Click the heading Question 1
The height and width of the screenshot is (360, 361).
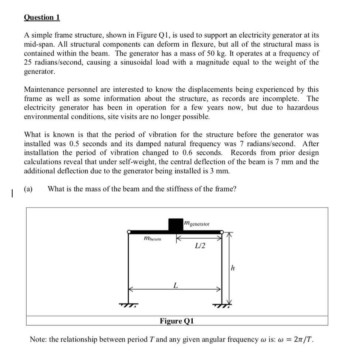pos(42,17)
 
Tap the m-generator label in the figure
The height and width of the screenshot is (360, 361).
pos(197,224)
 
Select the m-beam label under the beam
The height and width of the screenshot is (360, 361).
pos(152,239)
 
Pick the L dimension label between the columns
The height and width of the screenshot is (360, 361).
pos(175,285)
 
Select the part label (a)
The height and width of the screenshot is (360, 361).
pos(28,189)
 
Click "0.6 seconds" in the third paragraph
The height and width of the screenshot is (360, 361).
pos(204,153)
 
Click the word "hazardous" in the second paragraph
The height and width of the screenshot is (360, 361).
pos(299,108)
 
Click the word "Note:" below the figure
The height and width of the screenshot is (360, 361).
pos(38,339)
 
